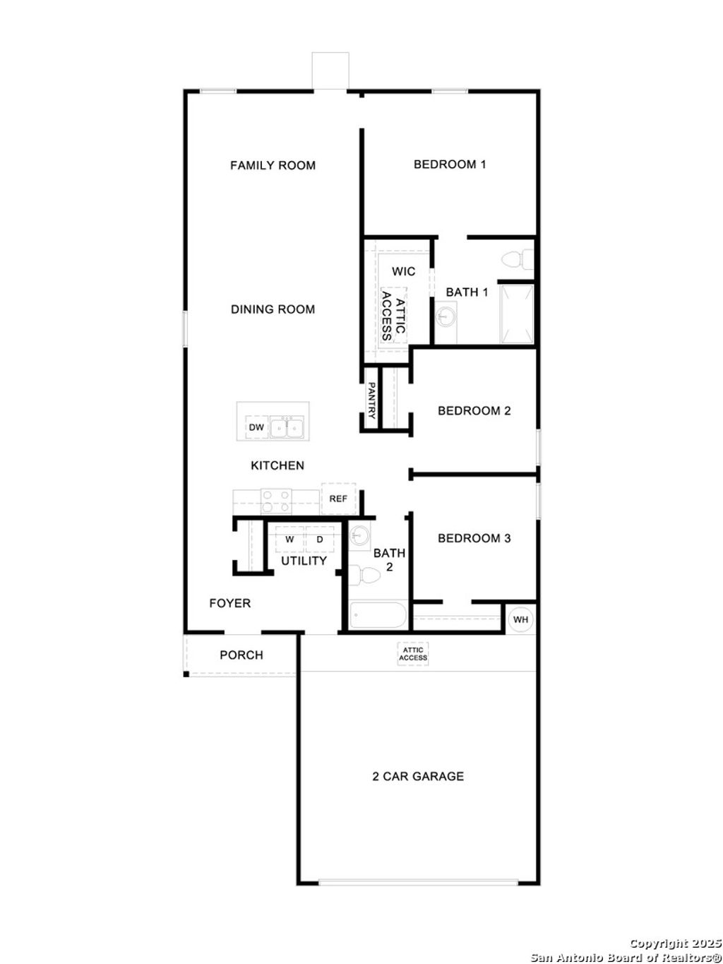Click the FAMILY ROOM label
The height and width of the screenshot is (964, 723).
(273, 165)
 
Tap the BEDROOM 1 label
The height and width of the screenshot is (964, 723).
(450, 165)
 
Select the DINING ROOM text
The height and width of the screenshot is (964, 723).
(273, 309)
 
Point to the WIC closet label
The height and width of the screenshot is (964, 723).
(404, 271)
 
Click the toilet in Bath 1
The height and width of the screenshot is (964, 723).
(518, 260)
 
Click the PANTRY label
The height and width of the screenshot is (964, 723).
(371, 400)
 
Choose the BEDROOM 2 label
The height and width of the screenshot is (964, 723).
(474, 410)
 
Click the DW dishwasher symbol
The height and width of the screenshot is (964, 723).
(256, 427)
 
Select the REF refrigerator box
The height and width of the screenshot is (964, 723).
(338, 499)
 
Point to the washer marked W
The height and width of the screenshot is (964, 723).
(289, 539)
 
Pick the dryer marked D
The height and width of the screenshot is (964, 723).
(320, 539)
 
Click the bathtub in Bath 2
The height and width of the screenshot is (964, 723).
(378, 616)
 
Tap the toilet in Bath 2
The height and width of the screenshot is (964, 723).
(366, 575)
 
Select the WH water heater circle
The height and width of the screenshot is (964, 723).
(520, 619)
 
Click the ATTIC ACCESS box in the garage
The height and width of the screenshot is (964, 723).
(413, 654)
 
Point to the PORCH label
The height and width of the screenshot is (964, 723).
(241, 655)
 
